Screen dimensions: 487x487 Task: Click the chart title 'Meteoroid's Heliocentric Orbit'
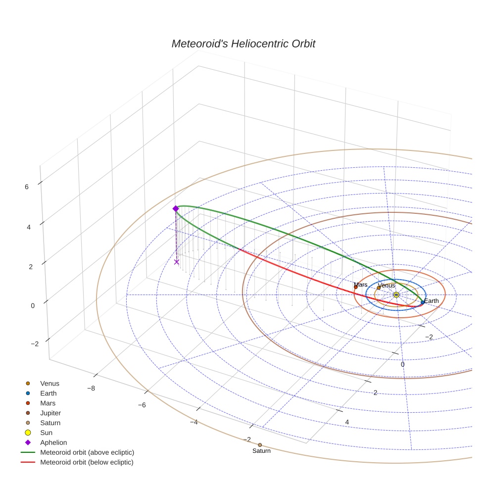pyautogui.click(x=243, y=44)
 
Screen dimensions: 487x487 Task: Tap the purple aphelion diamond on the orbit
pyautogui.click(x=175, y=209)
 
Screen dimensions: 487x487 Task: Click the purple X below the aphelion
pyautogui.click(x=176, y=262)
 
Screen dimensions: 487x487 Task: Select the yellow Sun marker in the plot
pyautogui.click(x=396, y=295)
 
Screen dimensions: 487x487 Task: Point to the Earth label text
pyautogui.click(x=431, y=301)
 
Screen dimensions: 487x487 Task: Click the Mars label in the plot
pyautogui.click(x=361, y=285)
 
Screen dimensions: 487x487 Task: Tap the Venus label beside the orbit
pyautogui.click(x=387, y=286)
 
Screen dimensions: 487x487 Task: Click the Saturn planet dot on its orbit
pyautogui.click(x=260, y=445)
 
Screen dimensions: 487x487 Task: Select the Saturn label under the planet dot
pyautogui.click(x=261, y=451)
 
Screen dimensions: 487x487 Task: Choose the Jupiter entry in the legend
pyautogui.click(x=50, y=413)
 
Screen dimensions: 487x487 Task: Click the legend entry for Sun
pyautogui.click(x=47, y=433)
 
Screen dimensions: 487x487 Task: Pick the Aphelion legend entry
pyautogui.click(x=53, y=442)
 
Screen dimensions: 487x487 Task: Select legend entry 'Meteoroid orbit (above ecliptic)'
pyautogui.click(x=87, y=452)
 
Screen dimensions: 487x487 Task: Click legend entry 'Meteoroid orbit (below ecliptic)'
pyautogui.click(x=87, y=462)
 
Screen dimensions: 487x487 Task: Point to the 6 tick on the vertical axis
pyautogui.click(x=27, y=187)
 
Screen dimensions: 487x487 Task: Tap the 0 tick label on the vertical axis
pyautogui.click(x=33, y=305)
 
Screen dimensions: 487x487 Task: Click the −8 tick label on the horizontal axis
pyautogui.click(x=91, y=388)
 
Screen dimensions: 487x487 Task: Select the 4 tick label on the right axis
pyautogui.click(x=347, y=422)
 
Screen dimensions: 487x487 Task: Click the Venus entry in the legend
pyautogui.click(x=49, y=383)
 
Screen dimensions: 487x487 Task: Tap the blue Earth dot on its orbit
pyautogui.click(x=422, y=302)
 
